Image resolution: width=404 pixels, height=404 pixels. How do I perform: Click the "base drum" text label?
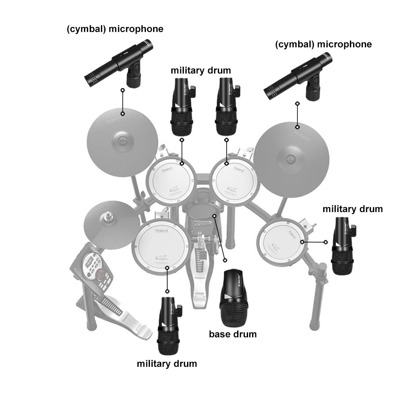point(232,334)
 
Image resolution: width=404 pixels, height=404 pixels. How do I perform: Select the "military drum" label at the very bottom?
point(167,363)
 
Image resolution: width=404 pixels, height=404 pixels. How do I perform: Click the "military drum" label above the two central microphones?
point(200,70)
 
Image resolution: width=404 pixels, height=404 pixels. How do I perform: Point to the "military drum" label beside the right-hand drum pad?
point(352,209)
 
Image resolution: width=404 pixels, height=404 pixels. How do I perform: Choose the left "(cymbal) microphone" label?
point(115,29)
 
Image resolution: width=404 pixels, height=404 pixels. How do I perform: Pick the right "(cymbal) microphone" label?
point(323,44)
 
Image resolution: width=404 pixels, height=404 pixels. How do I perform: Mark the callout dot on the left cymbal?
point(122,114)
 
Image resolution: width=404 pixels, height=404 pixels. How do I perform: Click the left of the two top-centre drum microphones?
point(182,107)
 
